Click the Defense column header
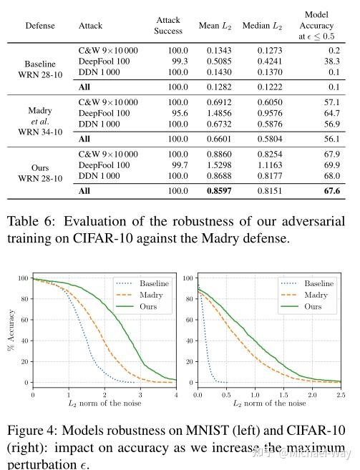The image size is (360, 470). (x=40, y=26)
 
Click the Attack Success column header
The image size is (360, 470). (x=168, y=26)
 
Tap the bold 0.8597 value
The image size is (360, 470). (x=220, y=191)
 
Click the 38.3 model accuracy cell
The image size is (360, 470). (x=331, y=62)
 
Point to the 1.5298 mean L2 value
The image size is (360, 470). (x=220, y=165)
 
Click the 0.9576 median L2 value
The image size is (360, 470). (x=267, y=113)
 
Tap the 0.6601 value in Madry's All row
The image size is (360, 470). (x=220, y=139)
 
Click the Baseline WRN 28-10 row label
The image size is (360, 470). (x=40, y=68)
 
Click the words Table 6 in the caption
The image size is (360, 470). (x=30, y=221)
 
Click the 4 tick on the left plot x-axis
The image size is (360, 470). (x=176, y=395)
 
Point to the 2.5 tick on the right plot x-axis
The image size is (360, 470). (x=341, y=395)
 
